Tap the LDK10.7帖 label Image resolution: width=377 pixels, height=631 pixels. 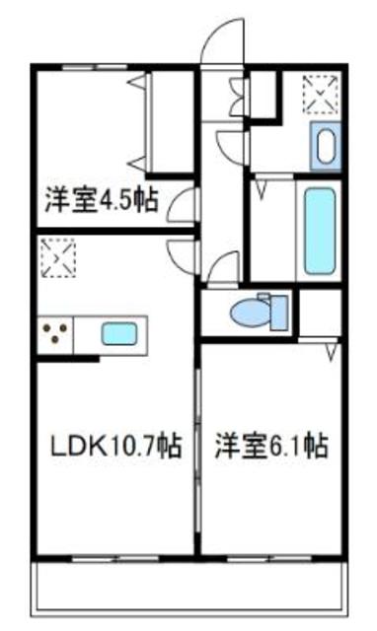[x=115, y=447]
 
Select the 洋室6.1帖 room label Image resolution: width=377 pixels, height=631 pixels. [x=270, y=447]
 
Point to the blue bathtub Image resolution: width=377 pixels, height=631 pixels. [x=319, y=231]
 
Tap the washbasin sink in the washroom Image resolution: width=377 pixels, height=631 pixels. [x=325, y=146]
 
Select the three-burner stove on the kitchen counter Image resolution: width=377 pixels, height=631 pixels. [x=55, y=334]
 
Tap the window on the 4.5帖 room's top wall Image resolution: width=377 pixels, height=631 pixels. [x=89, y=67]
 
